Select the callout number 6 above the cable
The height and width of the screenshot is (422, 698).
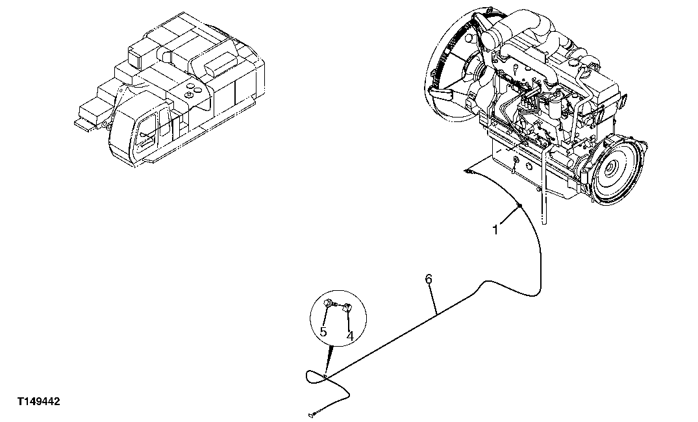[428, 279]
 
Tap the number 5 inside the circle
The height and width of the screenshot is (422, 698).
[323, 333]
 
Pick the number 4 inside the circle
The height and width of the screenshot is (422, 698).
[349, 336]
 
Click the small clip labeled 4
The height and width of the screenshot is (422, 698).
[347, 308]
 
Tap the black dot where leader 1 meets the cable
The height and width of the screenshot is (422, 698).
[519, 206]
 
